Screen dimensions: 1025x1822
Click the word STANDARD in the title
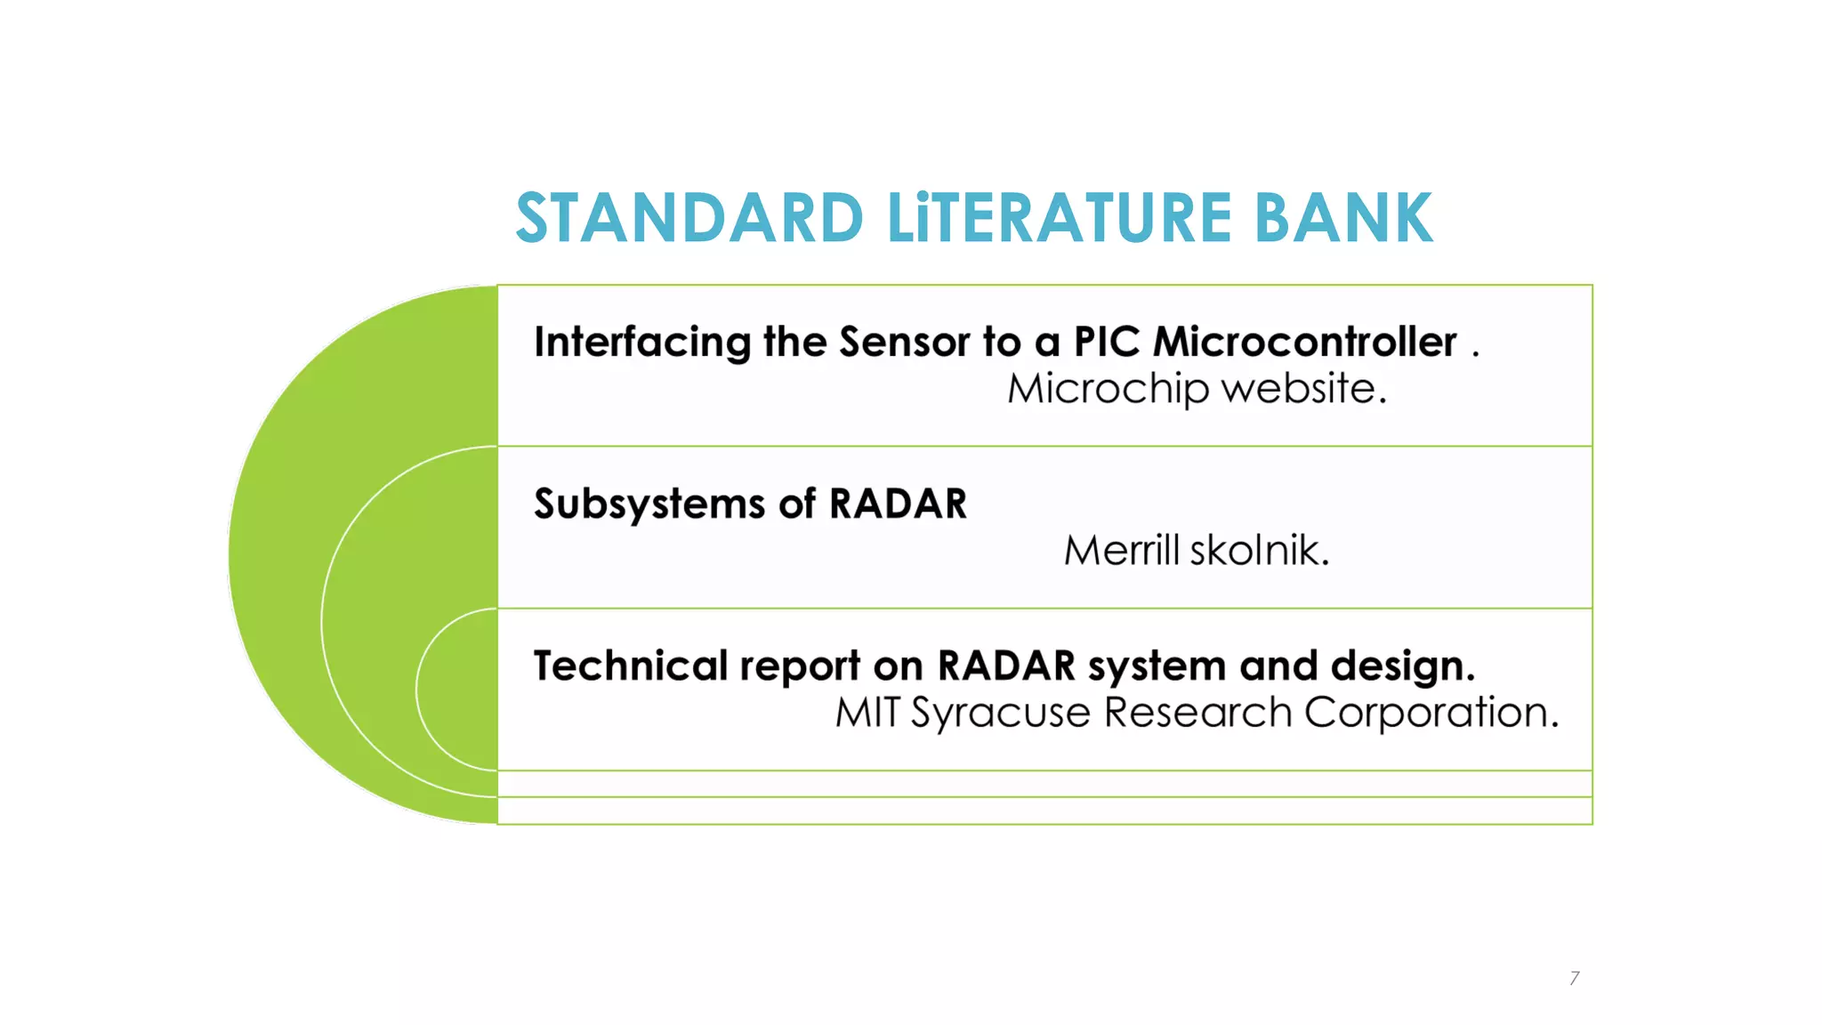coord(689,218)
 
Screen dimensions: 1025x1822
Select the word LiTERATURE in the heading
coord(1059,218)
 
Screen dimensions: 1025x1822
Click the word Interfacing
coord(642,343)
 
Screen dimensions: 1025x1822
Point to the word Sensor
coord(905,343)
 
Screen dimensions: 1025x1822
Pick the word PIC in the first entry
coord(1107,343)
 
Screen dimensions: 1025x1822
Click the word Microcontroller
coord(1305,343)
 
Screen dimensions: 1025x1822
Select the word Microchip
coord(1109,389)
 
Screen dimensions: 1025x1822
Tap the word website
coord(1303,389)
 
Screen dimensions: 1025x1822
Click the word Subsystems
coord(649,504)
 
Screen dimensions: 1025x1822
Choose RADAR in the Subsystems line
coord(898,504)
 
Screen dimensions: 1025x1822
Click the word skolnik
coord(1260,551)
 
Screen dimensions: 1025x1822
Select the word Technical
coord(631,666)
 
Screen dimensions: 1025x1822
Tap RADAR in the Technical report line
coord(1007,666)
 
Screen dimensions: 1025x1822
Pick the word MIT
coord(867,713)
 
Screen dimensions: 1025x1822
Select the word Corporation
coord(1431,713)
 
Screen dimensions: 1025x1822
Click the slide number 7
coord(1575,978)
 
